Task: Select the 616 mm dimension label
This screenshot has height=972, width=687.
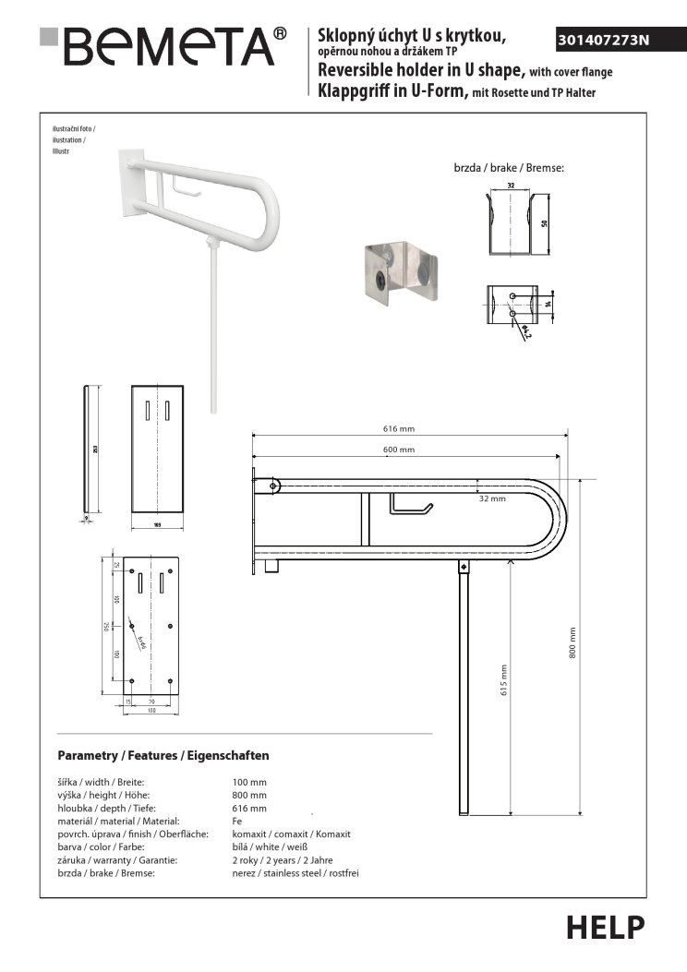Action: [399, 428]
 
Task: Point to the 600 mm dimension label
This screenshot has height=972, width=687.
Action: [399, 450]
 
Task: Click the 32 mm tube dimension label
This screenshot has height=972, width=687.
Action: [492, 498]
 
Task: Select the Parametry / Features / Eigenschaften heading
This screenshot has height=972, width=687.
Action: [163, 755]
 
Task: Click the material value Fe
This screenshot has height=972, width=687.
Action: [237, 821]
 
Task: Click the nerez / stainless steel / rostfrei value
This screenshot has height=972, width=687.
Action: [295, 872]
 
